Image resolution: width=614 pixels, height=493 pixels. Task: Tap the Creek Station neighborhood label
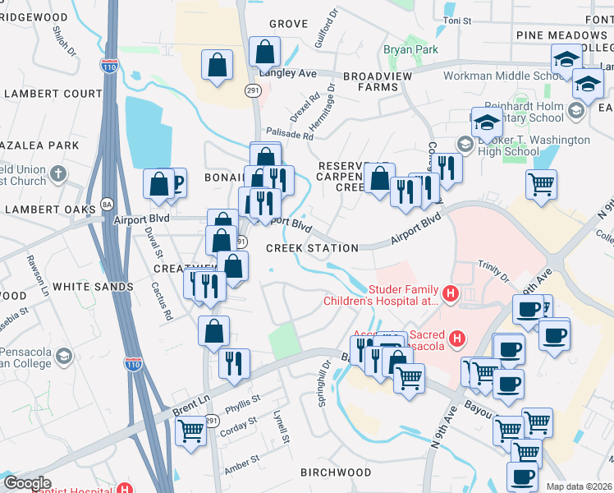[x=312, y=248]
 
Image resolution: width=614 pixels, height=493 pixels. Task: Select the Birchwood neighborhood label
[x=336, y=472]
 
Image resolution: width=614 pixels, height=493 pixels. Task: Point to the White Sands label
[x=93, y=287]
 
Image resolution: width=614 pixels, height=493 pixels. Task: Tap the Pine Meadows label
[x=561, y=35]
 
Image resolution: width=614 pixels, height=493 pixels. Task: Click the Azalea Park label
[x=40, y=145]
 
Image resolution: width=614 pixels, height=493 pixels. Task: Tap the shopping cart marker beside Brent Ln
[x=190, y=429]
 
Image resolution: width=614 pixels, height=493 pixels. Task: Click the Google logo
[x=27, y=483]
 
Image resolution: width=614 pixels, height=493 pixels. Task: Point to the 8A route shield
[x=106, y=204]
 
